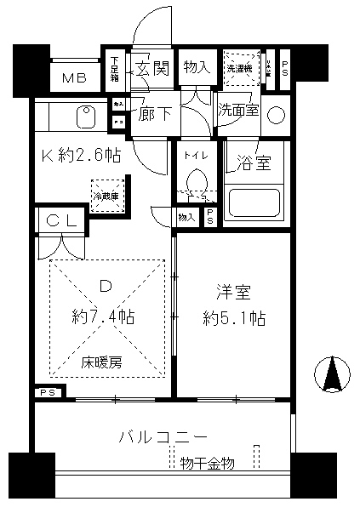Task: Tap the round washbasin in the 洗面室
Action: pyautogui.click(x=277, y=115)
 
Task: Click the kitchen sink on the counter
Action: pyautogui.click(x=85, y=115)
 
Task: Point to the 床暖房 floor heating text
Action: pyautogui.click(x=102, y=362)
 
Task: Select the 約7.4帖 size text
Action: pyautogui.click(x=103, y=316)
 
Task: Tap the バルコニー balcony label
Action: pyautogui.click(x=162, y=436)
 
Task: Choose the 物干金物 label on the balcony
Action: pyautogui.click(x=208, y=463)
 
